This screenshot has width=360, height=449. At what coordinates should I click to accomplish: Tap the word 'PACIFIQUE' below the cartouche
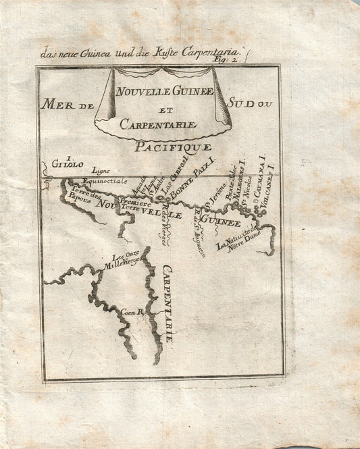[x=173, y=146]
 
